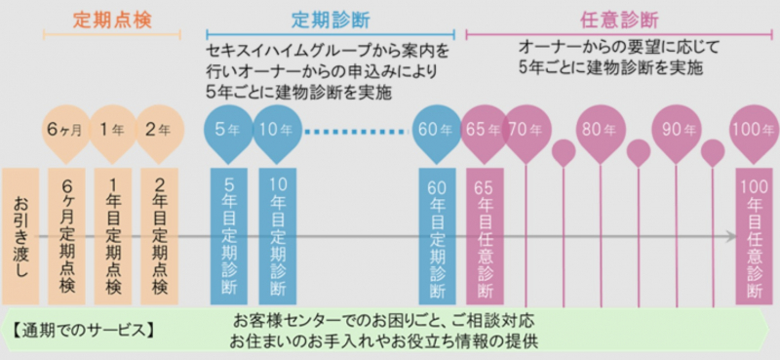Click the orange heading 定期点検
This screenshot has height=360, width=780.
tap(112, 20)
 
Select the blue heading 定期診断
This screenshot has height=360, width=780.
tap(331, 20)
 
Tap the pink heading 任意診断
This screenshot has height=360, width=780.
tap(619, 20)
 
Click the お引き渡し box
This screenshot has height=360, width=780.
tap(20, 236)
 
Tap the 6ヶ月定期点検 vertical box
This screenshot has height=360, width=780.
tap(66, 236)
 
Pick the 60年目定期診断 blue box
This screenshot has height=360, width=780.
tap(437, 236)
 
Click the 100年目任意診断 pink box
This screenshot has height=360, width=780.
tap(754, 236)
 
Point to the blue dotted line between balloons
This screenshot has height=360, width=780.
tap(357, 132)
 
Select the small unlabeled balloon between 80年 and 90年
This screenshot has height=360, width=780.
tap(639, 152)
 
